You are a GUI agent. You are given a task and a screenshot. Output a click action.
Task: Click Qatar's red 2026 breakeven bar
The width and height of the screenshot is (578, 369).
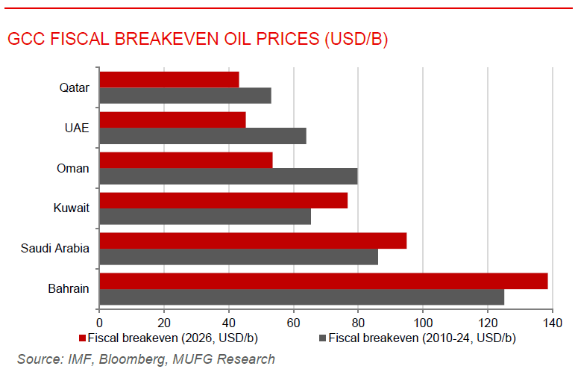(169, 79)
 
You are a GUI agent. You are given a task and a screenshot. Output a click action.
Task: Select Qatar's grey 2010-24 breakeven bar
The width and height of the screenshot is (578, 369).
(185, 96)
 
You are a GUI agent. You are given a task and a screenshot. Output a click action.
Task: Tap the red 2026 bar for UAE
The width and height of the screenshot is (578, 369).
(172, 120)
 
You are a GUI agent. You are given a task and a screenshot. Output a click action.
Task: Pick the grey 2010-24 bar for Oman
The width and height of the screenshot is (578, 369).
(228, 176)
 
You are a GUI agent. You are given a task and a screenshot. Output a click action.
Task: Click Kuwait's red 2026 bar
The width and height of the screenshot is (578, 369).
(223, 200)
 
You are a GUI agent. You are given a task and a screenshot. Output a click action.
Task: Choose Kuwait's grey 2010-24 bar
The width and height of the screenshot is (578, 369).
(205, 217)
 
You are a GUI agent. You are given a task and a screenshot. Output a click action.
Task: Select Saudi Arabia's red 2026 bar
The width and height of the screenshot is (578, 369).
(253, 241)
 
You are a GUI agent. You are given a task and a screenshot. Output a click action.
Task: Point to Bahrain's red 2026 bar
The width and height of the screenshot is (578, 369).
(323, 281)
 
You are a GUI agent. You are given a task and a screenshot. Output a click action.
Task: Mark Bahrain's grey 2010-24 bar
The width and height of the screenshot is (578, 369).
(301, 297)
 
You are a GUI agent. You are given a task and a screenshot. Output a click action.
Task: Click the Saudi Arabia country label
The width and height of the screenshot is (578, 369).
(55, 248)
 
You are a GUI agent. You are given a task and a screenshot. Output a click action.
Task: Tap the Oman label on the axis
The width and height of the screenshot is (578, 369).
(73, 168)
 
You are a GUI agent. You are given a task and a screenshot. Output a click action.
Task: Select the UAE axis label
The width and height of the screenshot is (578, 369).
(77, 128)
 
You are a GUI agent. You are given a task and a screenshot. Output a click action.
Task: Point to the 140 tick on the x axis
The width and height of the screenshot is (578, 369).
(552, 323)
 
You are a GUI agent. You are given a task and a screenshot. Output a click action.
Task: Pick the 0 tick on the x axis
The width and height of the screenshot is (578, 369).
(99, 323)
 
